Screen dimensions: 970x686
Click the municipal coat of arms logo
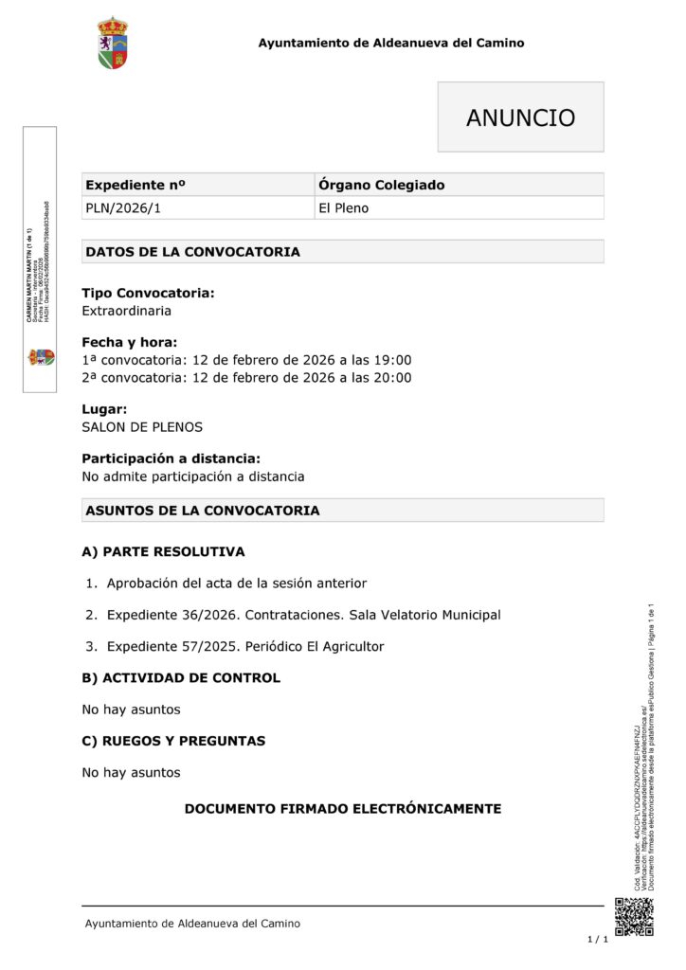pyautogui.click(x=113, y=43)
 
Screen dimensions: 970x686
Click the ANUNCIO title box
pyautogui.click(x=520, y=117)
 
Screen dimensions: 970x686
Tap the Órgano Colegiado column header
pyautogui.click(x=381, y=185)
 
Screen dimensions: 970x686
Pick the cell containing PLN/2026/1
pyautogui.click(x=123, y=208)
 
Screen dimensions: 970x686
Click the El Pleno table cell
pyautogui.click(x=344, y=208)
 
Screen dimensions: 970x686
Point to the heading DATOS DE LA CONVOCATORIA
pyautogui.click(x=193, y=252)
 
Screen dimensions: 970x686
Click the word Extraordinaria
pyautogui.click(x=127, y=311)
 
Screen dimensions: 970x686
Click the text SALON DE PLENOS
pyautogui.click(x=142, y=427)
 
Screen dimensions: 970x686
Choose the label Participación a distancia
pyautogui.click(x=171, y=458)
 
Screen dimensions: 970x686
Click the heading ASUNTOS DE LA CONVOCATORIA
pyautogui.click(x=203, y=511)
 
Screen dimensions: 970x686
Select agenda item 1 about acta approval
pyautogui.click(x=236, y=584)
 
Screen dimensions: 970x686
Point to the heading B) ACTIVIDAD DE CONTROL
pyautogui.click(x=181, y=678)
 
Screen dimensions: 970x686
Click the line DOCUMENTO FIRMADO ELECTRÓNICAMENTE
pyautogui.click(x=342, y=809)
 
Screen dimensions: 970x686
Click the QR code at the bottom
pyautogui.click(x=634, y=916)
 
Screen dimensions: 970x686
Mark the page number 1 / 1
pyautogui.click(x=597, y=940)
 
